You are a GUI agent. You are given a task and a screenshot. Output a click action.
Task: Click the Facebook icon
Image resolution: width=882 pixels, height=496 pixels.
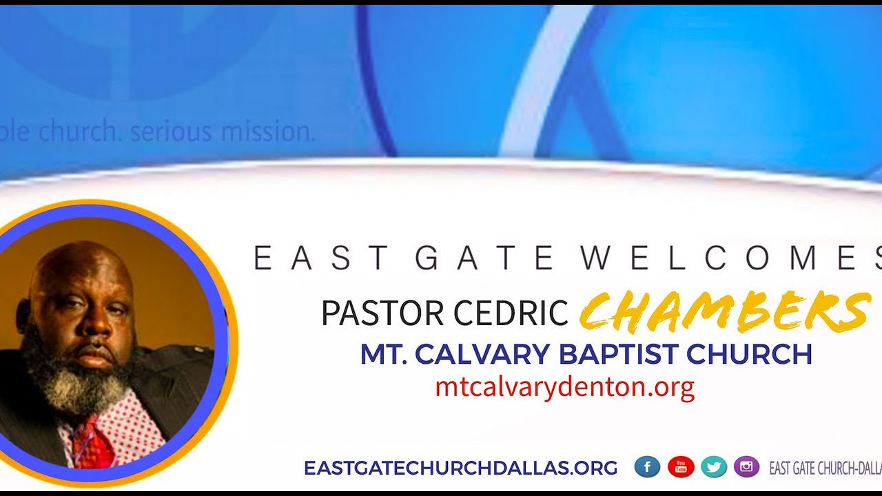pyautogui.click(x=647, y=467)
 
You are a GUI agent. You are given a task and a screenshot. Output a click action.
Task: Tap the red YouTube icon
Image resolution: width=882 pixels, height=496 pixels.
pyautogui.click(x=680, y=467)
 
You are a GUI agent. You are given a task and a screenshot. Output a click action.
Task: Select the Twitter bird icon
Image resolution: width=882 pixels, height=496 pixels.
pyautogui.click(x=714, y=467)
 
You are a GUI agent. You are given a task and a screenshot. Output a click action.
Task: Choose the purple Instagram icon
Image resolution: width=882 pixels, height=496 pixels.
pyautogui.click(x=746, y=467)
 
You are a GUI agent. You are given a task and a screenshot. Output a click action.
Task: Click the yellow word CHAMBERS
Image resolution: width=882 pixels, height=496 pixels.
pyautogui.click(x=724, y=311)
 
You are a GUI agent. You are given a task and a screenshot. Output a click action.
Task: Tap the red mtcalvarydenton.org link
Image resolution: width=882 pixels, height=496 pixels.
pyautogui.click(x=564, y=387)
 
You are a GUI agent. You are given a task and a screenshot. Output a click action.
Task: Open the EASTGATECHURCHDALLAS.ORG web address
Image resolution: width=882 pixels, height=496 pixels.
pyautogui.click(x=460, y=468)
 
